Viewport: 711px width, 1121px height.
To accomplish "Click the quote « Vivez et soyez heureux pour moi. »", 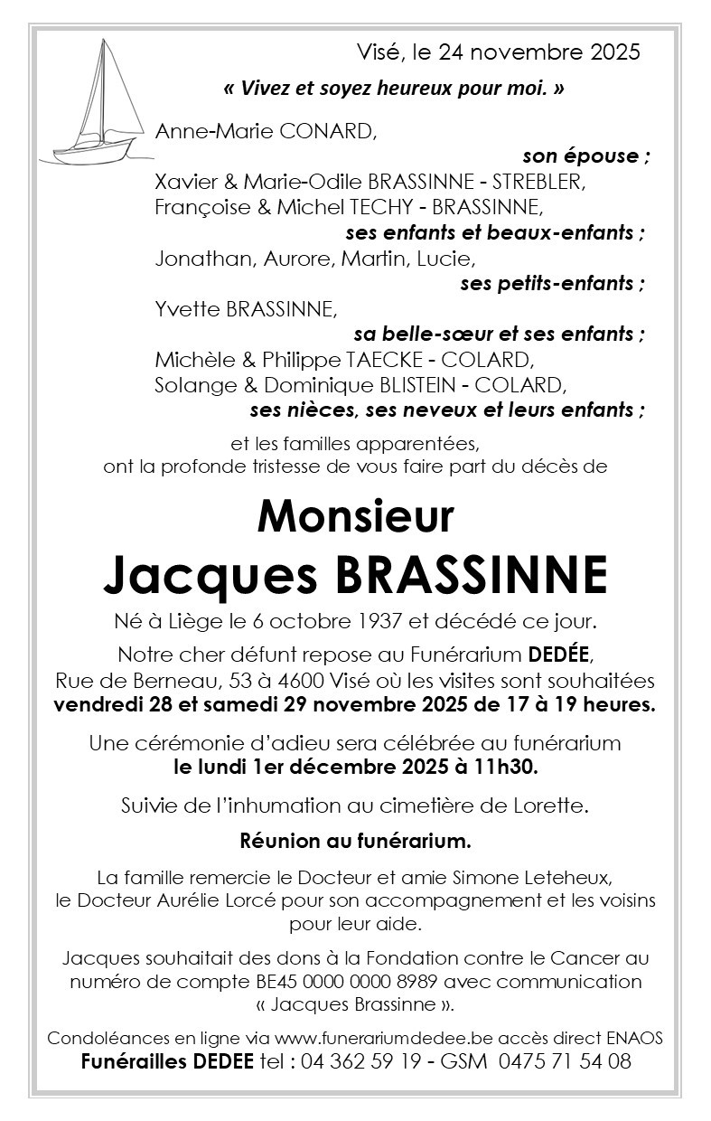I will (x=394, y=89).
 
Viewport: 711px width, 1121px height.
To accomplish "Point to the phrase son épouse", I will (x=585, y=155).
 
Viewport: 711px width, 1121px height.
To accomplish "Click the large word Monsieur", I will (x=355, y=516).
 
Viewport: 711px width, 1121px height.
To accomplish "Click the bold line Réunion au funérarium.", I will (x=355, y=842).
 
